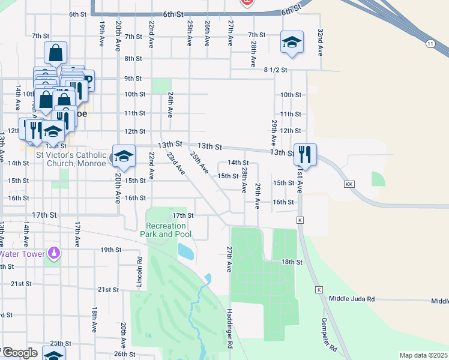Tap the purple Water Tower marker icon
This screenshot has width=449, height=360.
pyautogui.click(x=54, y=253)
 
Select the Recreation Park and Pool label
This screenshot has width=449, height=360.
pyautogui.click(x=166, y=230)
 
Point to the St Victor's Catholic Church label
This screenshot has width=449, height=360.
pyautogui.click(x=71, y=159)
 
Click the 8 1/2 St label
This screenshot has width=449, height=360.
pyautogui.click(x=276, y=70)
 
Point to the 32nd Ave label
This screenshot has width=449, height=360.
pyautogui.click(x=321, y=42)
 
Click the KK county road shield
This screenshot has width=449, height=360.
pyautogui.click(x=349, y=184)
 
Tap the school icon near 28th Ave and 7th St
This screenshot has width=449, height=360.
pyautogui.click(x=291, y=42)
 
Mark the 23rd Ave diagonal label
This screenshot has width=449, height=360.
pyautogui.click(x=175, y=163)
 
